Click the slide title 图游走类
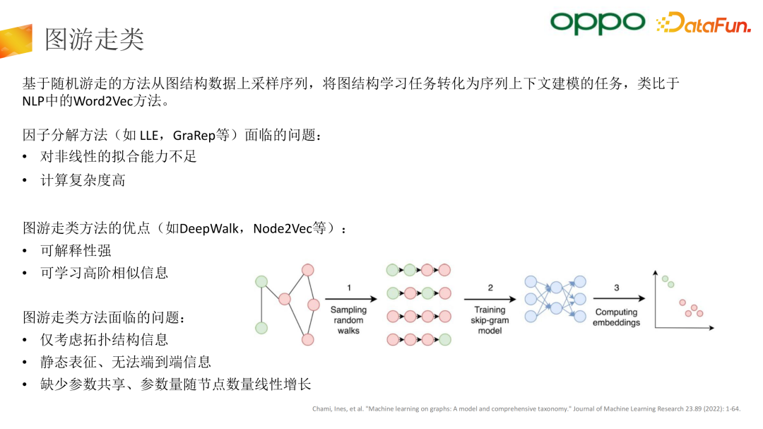click(94, 40)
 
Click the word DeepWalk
click(210, 228)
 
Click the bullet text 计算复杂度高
click(83, 180)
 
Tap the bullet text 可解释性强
click(76, 250)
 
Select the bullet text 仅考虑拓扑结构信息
click(104, 340)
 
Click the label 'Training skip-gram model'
click(490, 319)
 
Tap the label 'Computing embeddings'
click(617, 317)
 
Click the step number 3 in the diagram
click(616, 288)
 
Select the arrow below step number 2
click(490, 298)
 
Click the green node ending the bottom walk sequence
click(444, 340)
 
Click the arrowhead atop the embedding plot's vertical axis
click(655, 274)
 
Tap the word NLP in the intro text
click(32, 100)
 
